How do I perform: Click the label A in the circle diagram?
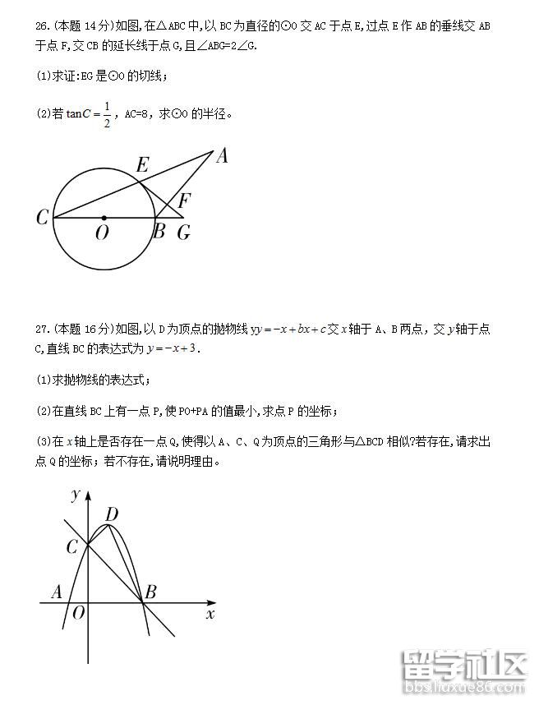pos(221,155)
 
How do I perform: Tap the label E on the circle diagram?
pos(141,165)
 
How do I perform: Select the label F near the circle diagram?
pos(185,200)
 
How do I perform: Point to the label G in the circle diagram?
pos(183,233)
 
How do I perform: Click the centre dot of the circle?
pos(103,218)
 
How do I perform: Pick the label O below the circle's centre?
pos(102,233)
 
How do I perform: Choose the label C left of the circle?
pos(43,218)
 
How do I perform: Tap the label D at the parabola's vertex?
pos(112,514)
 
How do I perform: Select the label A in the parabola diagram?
pos(57,591)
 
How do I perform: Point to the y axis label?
pos(75,494)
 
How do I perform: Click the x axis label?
pos(210,614)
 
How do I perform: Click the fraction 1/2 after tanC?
pos(106,115)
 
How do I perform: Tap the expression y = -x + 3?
pos(173,348)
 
